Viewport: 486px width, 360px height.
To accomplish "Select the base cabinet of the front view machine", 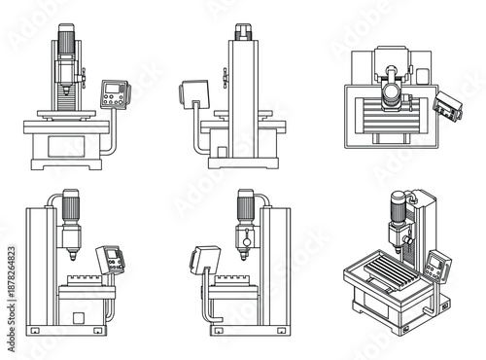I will click(66, 143).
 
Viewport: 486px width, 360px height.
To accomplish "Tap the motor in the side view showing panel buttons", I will click(70, 209).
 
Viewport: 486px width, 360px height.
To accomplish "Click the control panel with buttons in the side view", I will click(116, 260).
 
